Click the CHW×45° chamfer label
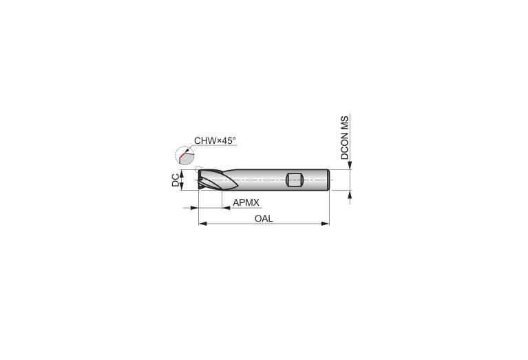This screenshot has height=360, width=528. click(215, 140)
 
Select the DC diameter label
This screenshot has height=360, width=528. click(176, 180)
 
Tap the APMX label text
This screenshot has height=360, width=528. click(246, 202)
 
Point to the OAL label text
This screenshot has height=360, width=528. click(264, 218)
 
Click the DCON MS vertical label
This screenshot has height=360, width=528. click(345, 137)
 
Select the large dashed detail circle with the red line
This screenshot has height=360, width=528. click(184, 157)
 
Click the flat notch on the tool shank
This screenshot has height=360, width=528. click(295, 180)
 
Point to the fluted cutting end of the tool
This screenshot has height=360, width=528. click(215, 180)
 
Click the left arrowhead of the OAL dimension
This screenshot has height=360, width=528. click(202, 223)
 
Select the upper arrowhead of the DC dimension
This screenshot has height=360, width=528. click(182, 175)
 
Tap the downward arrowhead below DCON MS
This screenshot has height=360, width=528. click(351, 165)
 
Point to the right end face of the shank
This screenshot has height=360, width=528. click(330, 180)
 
